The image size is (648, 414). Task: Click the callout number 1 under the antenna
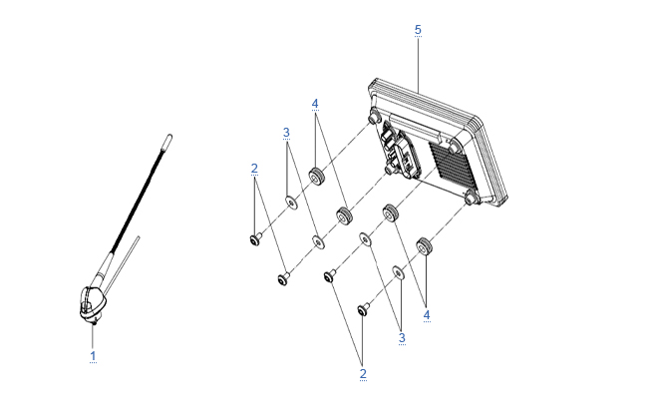pos(93,356)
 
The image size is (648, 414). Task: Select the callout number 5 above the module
pos(418,30)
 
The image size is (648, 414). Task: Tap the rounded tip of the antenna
pos(168,139)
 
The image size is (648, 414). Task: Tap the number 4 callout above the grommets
pos(315,104)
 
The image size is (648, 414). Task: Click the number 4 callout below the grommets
pos(427,315)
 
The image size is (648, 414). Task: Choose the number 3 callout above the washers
pos(286,133)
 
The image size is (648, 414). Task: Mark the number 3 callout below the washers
pos(402,338)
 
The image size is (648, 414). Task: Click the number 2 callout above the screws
pos(254,169)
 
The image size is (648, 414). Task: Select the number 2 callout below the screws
pos(363,373)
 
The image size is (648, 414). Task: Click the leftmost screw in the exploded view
pos(255,239)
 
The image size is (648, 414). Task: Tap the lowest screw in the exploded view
pos(363,309)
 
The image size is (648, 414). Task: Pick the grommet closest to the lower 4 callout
pos(424,246)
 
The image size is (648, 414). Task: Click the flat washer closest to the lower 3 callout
pos(398,273)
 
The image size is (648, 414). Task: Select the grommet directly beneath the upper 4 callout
pos(317,177)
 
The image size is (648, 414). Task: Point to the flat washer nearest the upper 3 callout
pos(292,203)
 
